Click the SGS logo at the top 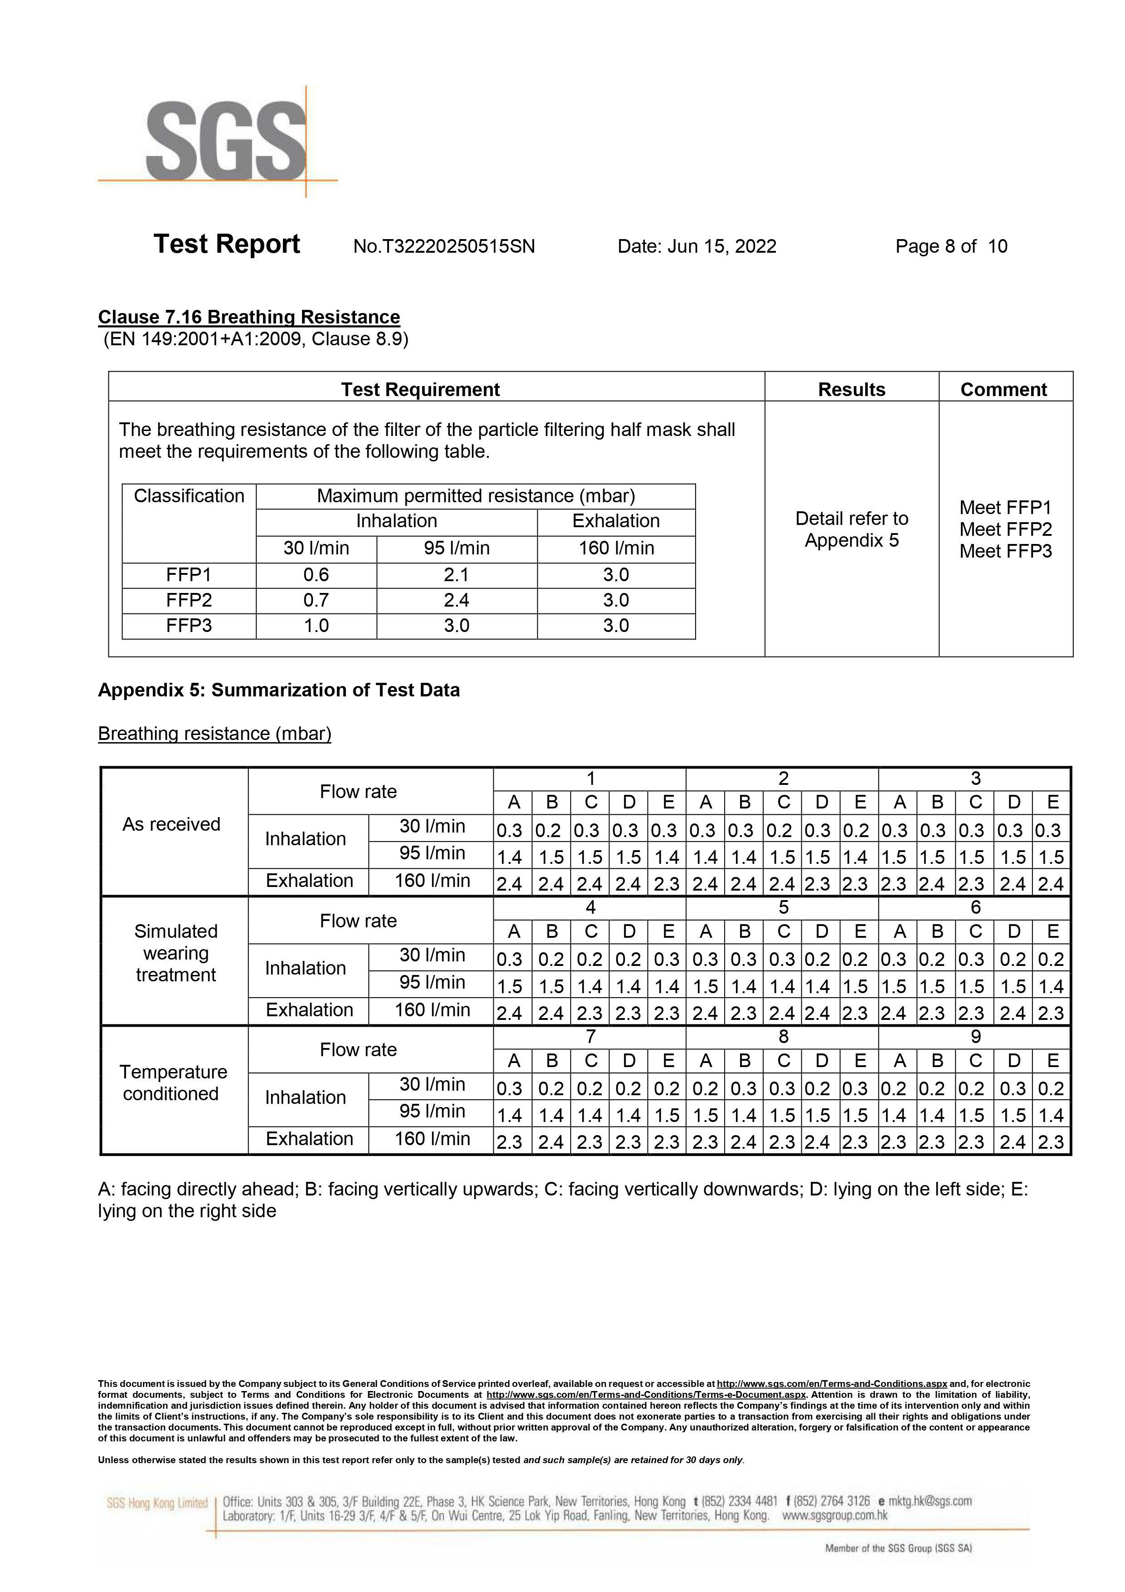(x=225, y=142)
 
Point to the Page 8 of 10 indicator (x=951, y=246)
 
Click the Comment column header (x=1003, y=390)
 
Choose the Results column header (x=851, y=390)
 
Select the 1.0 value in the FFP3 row (x=316, y=626)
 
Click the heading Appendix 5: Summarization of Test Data (x=279, y=690)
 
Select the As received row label (x=171, y=824)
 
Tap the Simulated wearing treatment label (x=175, y=953)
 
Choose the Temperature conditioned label (x=173, y=1083)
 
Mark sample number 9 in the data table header (x=975, y=1037)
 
